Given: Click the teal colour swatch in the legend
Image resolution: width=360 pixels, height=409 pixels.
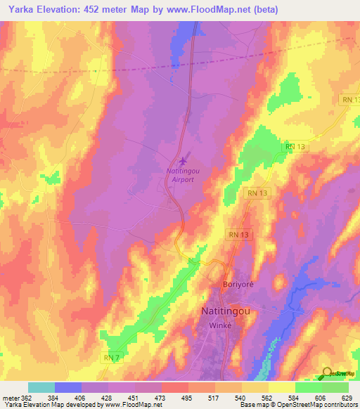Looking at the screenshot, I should tap(41, 387).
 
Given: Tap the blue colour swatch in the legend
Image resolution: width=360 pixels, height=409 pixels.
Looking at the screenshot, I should tap(68, 387).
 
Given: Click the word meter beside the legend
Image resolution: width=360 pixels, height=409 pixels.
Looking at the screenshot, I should tap(10, 398).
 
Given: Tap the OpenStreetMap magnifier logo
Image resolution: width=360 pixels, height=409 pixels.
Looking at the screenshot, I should tap(327, 372).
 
